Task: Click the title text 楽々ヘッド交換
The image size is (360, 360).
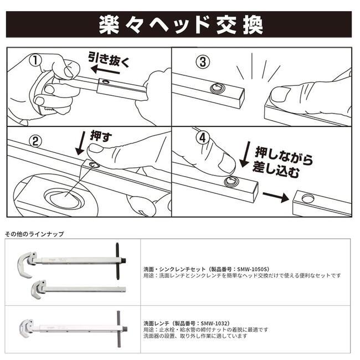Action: pos(180,24)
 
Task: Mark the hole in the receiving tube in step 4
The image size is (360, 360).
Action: pos(307,198)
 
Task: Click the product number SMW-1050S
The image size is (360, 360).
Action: pos(255,268)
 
